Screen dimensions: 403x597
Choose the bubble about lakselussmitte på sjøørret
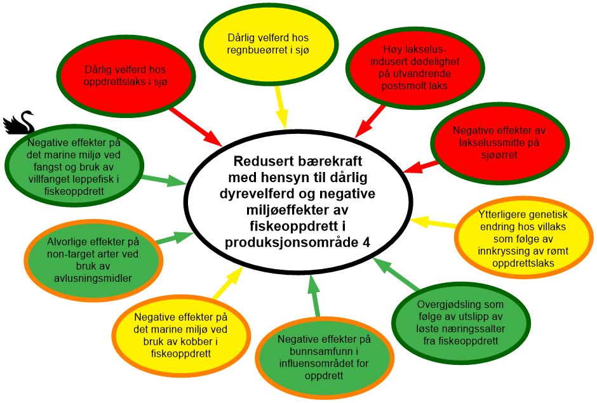(499, 142)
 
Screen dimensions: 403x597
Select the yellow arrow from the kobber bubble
(227, 283)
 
